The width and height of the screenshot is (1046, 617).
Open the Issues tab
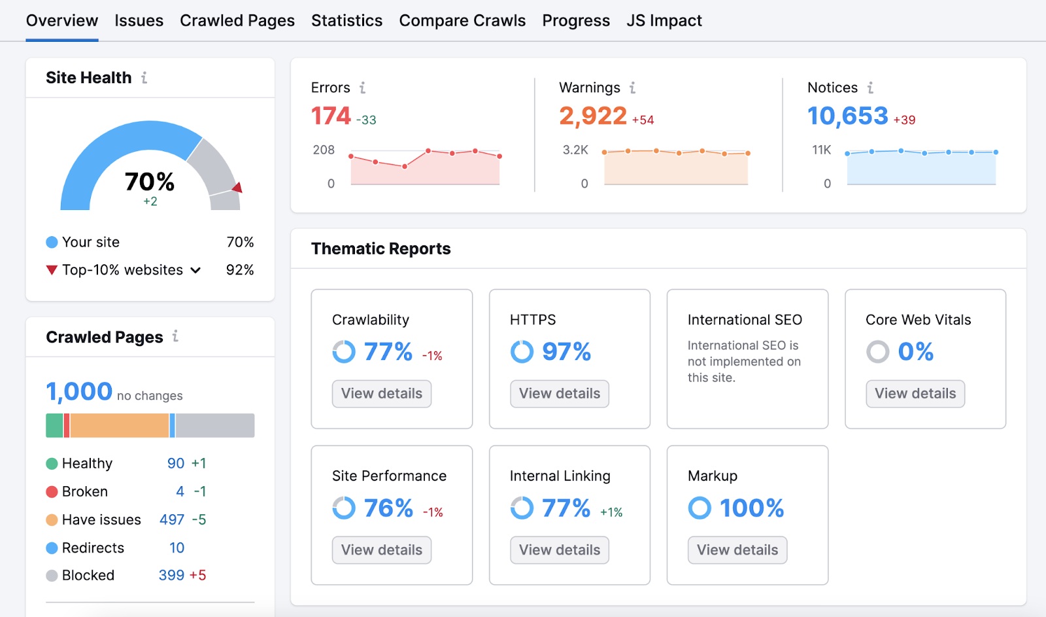(139, 21)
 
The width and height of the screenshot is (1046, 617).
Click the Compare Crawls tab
(462, 21)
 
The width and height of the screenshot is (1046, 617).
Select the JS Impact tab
(664, 21)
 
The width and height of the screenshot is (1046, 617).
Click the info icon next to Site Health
(144, 78)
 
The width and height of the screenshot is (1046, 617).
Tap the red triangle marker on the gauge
(237, 188)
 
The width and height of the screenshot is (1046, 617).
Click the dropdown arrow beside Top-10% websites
(195, 270)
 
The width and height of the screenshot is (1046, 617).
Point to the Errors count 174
(331, 116)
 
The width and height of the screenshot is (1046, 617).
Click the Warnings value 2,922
(592, 116)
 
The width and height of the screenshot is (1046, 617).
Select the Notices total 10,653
(847, 116)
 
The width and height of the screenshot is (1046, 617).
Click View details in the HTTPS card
(559, 394)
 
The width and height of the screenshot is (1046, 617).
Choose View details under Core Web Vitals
(915, 394)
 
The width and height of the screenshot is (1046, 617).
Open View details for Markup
(737, 550)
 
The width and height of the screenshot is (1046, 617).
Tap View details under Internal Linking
(559, 550)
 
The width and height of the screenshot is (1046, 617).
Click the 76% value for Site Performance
(388, 508)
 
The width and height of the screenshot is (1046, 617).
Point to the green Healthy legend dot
(52, 464)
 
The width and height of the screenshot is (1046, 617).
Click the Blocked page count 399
(171, 576)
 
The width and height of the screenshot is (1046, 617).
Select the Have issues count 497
(172, 520)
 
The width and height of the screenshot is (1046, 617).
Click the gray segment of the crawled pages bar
(214, 425)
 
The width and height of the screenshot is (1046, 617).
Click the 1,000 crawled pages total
(79, 392)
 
